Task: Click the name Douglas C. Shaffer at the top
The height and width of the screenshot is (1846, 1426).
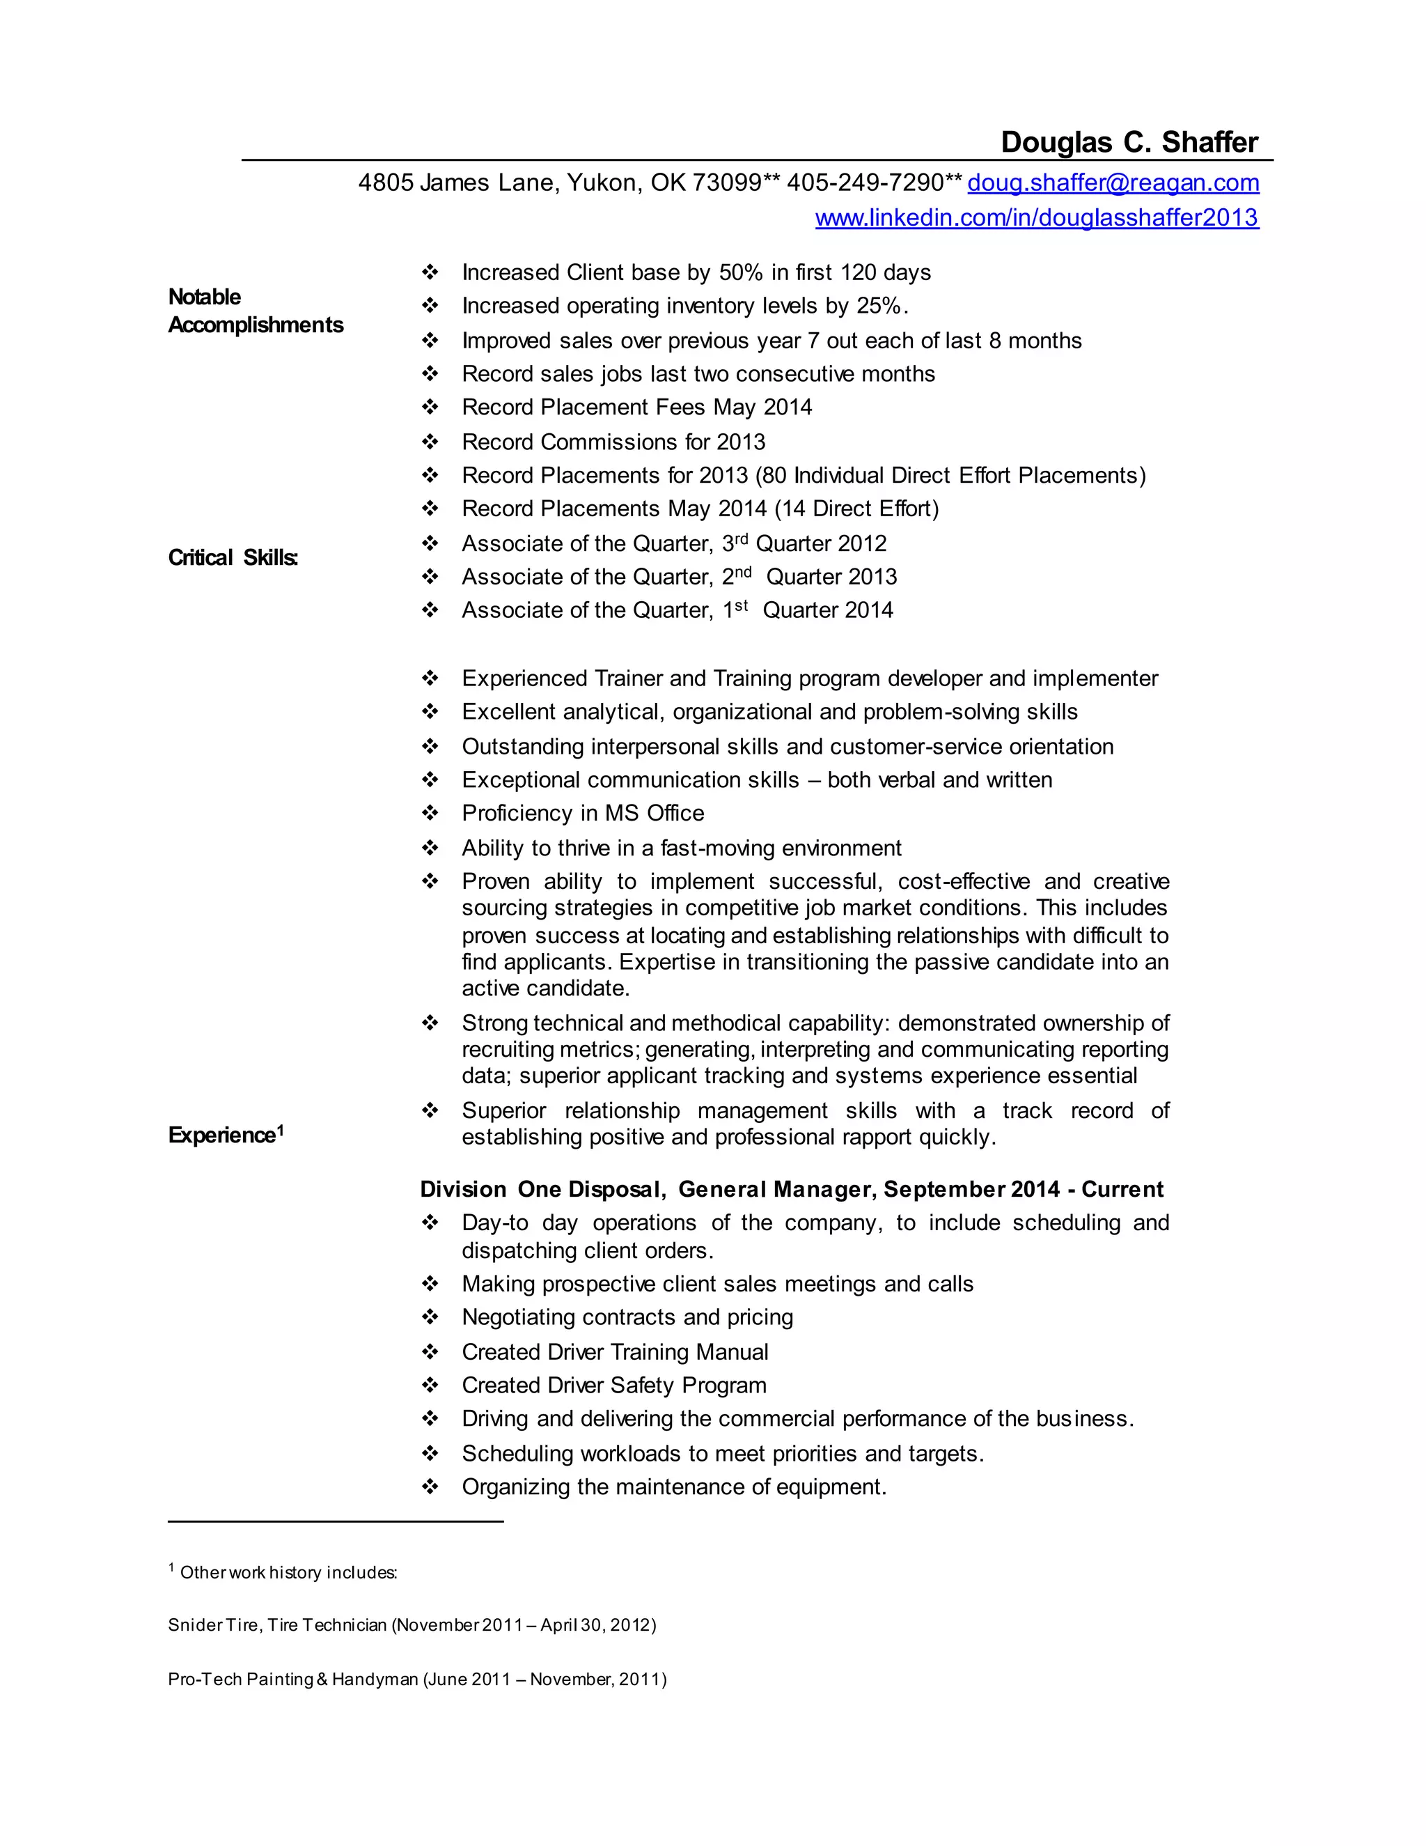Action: pos(1129,142)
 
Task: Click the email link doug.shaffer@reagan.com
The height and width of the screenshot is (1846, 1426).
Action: pos(1113,183)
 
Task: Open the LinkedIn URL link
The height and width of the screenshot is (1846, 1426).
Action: pos(1037,218)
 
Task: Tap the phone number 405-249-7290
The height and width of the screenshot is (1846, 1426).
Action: pos(865,183)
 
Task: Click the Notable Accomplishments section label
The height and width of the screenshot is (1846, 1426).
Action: pos(255,311)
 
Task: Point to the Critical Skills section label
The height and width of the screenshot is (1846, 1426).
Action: pos(233,558)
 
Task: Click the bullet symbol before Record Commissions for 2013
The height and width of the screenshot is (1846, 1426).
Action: pos(430,442)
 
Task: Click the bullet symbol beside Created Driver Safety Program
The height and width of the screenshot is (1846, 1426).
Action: pos(430,1386)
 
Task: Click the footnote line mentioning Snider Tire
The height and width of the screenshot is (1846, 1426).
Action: pos(412,1624)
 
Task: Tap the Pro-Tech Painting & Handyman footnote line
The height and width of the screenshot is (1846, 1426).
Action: pos(416,1679)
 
